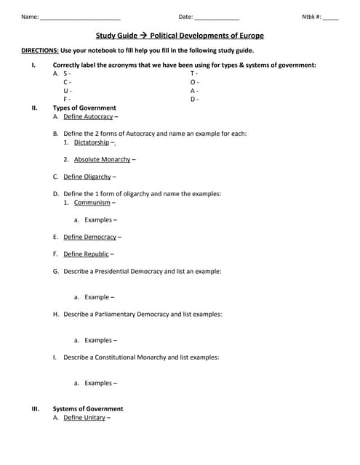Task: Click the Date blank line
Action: (x=217, y=17)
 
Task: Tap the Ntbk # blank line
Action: (x=331, y=17)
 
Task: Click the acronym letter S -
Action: (x=67, y=73)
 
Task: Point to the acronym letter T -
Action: (x=194, y=73)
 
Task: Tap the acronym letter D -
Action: (x=194, y=99)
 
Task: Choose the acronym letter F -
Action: (x=67, y=99)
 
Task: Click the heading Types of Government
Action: (x=84, y=108)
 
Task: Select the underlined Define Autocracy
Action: (x=88, y=116)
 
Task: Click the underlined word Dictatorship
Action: (x=92, y=142)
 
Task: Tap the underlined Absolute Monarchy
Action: (x=102, y=159)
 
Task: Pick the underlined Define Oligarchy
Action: (x=87, y=177)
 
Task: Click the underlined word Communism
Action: (x=92, y=203)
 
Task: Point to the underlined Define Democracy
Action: (x=89, y=237)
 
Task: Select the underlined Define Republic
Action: (x=86, y=254)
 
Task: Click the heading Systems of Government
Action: (x=88, y=409)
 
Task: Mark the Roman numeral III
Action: (x=35, y=409)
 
